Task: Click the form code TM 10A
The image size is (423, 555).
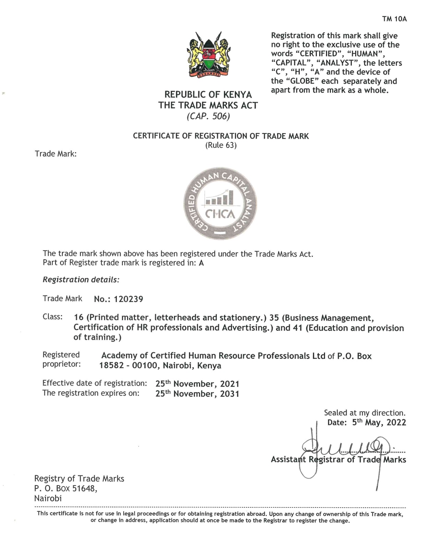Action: click(394, 19)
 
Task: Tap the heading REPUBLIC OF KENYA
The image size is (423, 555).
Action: click(208, 94)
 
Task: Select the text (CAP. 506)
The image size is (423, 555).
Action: click(208, 116)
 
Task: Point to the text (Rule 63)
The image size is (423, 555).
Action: click(221, 145)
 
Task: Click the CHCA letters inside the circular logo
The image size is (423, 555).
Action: click(220, 214)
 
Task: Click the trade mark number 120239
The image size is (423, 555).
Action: click(128, 299)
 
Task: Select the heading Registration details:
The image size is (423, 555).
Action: click(81, 280)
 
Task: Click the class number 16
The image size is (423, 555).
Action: click(79, 318)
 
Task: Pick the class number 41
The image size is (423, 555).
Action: click(297, 328)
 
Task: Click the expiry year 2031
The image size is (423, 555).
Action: click(229, 394)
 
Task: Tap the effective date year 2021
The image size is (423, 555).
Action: click(229, 384)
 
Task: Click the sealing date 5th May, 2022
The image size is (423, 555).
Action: click(379, 422)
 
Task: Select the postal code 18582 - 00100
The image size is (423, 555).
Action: click(128, 366)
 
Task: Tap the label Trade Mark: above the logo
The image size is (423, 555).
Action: click(55, 154)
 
